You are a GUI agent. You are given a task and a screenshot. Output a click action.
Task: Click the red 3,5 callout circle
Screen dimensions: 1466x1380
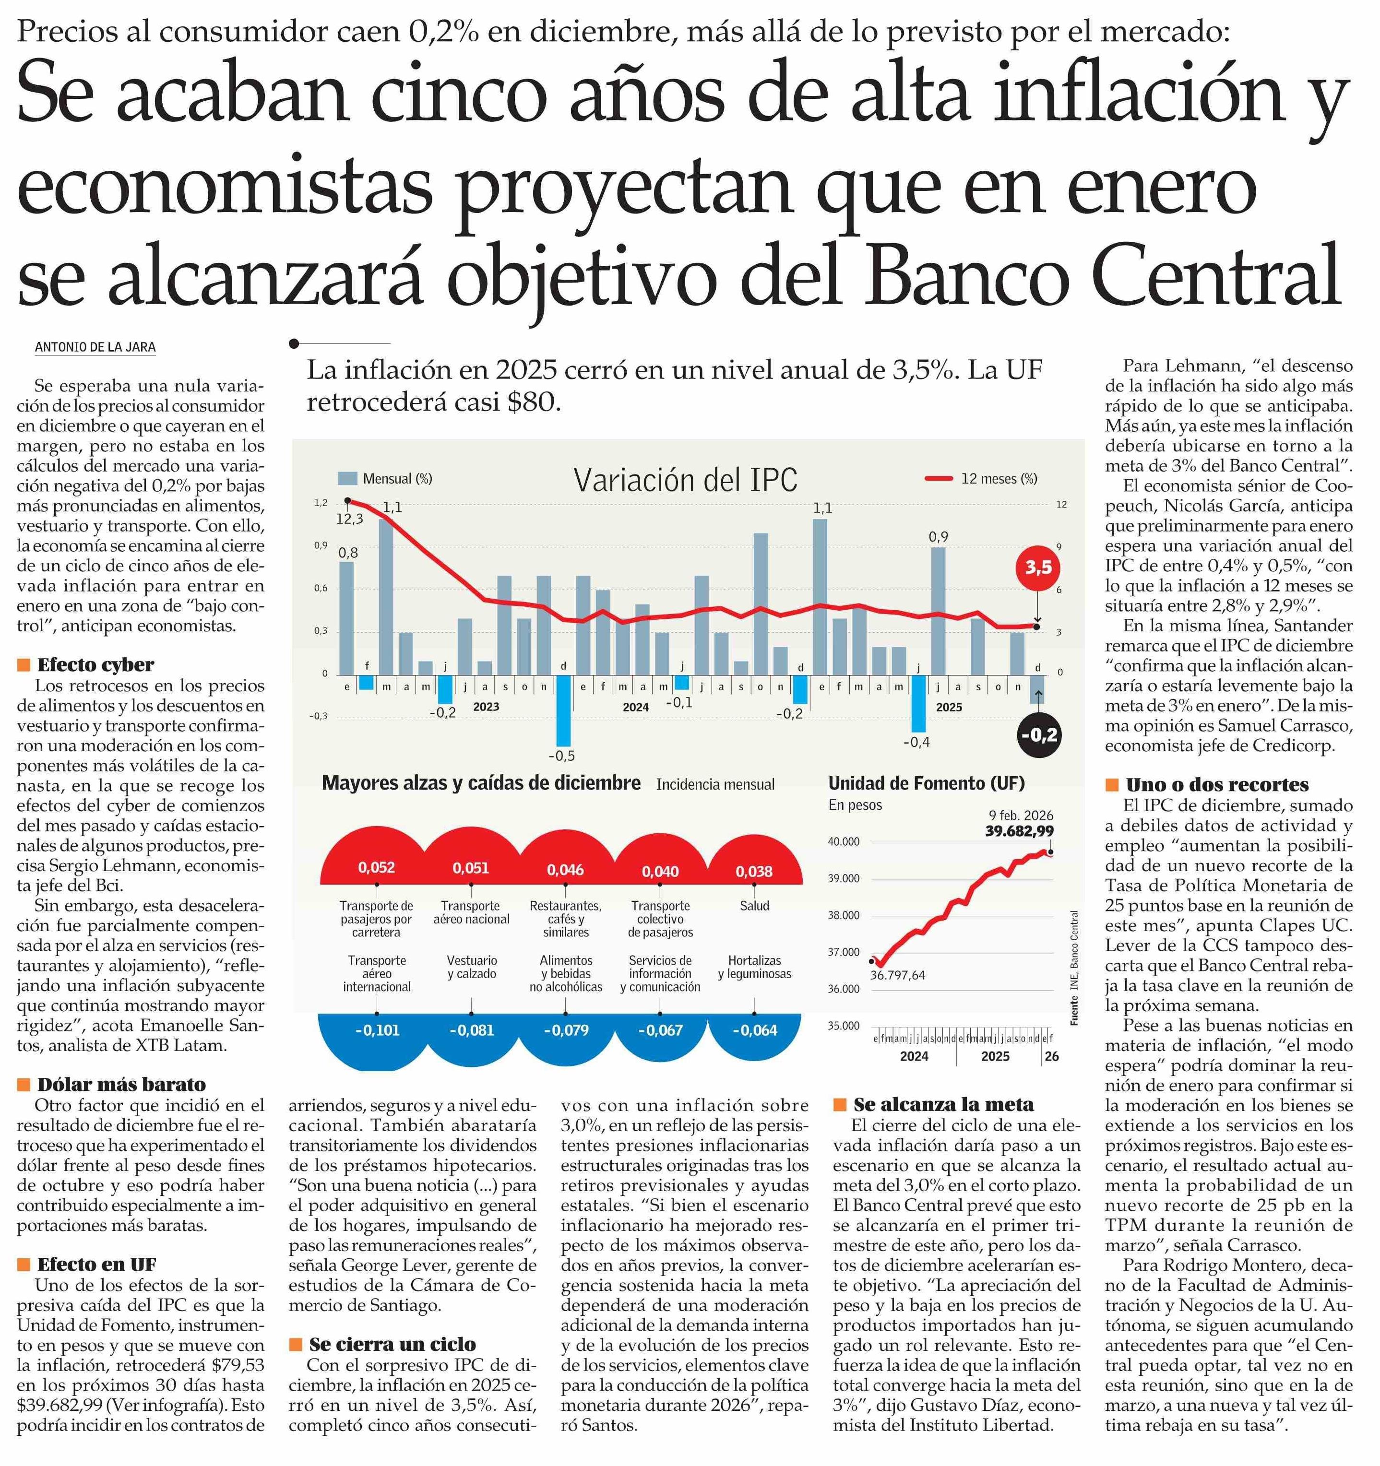coord(1038,567)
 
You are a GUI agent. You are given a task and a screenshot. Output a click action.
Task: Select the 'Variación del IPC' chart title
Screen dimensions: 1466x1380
coord(685,480)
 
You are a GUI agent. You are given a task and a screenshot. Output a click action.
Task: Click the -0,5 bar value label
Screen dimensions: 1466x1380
coord(561,756)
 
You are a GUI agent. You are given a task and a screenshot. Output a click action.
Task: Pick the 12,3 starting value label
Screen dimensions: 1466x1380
coord(350,519)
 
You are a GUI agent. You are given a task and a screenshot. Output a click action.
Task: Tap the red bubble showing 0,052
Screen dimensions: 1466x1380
coord(376,867)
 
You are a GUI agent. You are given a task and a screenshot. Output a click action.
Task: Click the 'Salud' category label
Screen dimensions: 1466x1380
coord(754,906)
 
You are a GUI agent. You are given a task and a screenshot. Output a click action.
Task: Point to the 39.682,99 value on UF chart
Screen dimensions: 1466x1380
coord(1019,831)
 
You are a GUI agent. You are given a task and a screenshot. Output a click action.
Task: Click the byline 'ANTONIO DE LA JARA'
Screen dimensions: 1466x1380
coord(95,347)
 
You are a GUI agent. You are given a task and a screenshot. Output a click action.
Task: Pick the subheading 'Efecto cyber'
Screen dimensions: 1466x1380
coord(95,664)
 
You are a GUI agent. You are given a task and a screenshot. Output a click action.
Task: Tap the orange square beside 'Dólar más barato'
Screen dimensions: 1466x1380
coord(24,1084)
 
